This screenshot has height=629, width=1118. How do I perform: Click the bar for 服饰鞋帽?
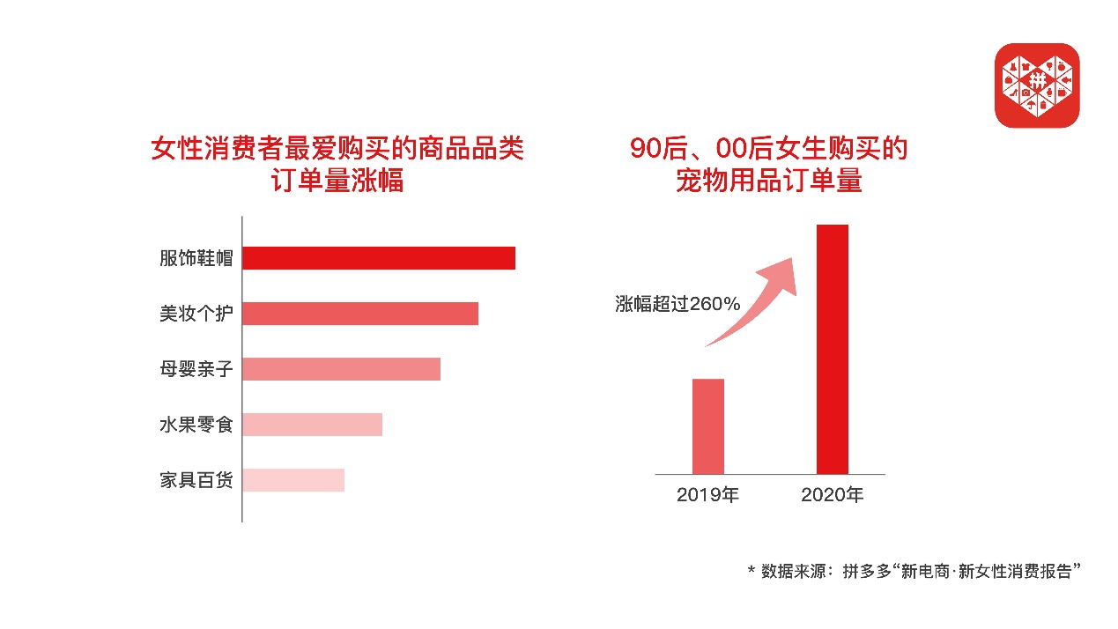tap(378, 258)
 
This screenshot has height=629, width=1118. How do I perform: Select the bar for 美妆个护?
tap(359, 314)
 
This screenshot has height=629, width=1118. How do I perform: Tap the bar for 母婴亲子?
tap(341, 369)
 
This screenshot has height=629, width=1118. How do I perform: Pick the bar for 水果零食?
tap(312, 425)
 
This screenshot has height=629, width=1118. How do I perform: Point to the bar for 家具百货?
tap(292, 480)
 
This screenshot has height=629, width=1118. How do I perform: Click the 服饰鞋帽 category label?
tap(196, 258)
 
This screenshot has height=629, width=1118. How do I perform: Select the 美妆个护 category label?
tap(196, 314)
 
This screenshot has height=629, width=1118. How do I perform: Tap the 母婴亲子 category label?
tap(196, 369)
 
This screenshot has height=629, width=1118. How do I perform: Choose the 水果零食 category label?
tap(196, 425)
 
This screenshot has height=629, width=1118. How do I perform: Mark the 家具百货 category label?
tap(196, 480)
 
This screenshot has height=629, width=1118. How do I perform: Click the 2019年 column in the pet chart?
tap(707, 426)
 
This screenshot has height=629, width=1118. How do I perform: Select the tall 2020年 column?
tap(832, 349)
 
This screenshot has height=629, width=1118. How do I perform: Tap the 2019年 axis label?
tap(707, 495)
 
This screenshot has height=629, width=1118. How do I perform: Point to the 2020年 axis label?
tap(832, 495)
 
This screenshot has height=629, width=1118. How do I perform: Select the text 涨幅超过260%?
tap(677, 304)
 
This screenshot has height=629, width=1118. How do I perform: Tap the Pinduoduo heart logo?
tap(1036, 85)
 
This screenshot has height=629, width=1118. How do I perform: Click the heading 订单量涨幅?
tap(337, 181)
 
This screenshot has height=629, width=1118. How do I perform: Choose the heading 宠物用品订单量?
tap(768, 181)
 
